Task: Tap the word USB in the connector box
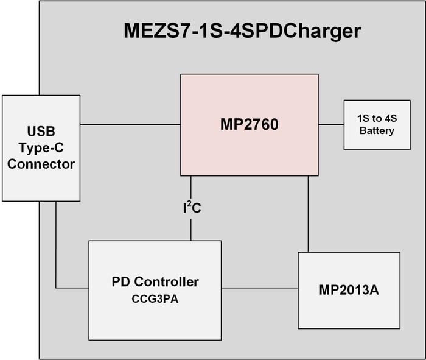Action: (41, 132)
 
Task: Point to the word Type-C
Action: (41, 148)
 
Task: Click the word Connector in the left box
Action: (41, 164)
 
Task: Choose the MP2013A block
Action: (349, 290)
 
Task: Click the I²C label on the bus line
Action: (191, 208)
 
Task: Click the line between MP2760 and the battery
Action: (331, 125)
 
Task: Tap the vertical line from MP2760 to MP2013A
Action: (308, 213)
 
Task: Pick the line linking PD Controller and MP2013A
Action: (259, 288)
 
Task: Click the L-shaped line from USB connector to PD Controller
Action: (56, 256)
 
